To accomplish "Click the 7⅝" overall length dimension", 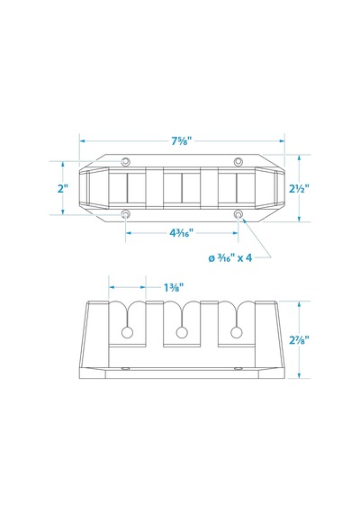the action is [182, 141].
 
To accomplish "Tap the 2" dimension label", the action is [62, 188].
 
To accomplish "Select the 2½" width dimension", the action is [299, 188].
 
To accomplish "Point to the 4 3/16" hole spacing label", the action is [182, 233].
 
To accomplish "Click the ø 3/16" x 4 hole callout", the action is [230, 258].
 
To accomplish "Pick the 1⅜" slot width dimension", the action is [174, 288].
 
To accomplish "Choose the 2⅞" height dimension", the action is [299, 340].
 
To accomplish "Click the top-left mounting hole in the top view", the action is [126, 161].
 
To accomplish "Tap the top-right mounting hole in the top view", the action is [238, 161].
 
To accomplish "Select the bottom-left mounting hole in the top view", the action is [126, 214].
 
